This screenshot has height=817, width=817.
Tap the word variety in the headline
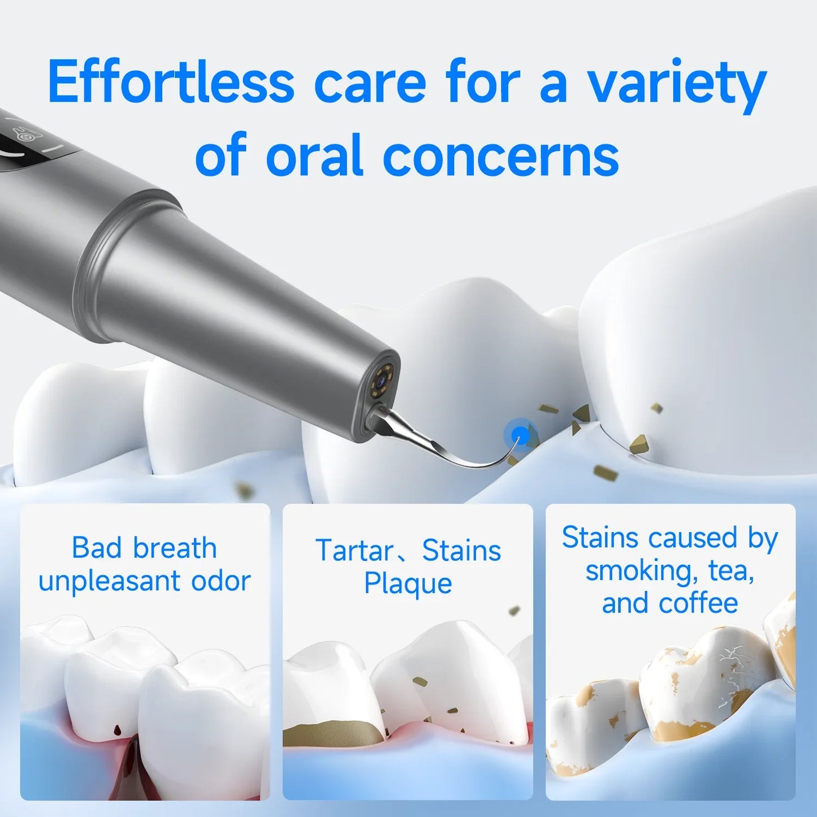[676, 85]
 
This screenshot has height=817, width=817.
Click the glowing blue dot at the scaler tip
[520, 435]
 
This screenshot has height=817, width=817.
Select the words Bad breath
[144, 547]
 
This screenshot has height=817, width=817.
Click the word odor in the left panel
[221, 581]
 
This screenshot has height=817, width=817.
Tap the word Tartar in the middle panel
[355, 550]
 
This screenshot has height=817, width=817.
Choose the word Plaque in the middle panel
[408, 583]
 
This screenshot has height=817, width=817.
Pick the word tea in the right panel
[730, 571]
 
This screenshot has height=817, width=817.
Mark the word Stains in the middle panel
[461, 550]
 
